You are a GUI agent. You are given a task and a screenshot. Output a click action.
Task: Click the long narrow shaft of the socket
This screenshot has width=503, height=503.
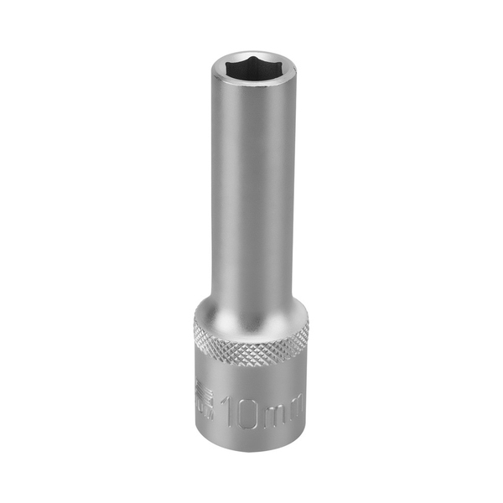[251, 193]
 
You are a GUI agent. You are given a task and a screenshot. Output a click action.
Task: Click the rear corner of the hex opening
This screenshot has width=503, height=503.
[251, 56]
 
